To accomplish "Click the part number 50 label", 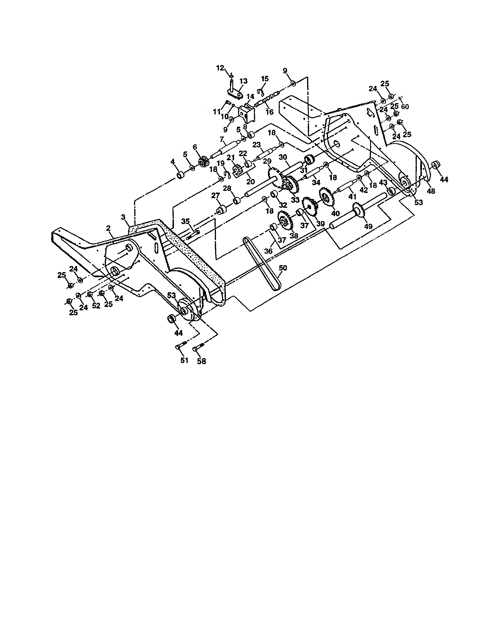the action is click(x=283, y=268).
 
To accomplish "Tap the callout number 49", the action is click(x=368, y=226).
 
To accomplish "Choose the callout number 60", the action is click(x=405, y=107).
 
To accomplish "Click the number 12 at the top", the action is click(x=220, y=68).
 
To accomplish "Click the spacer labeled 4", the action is click(x=180, y=175).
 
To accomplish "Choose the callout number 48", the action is click(x=431, y=191).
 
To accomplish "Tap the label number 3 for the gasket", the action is click(x=123, y=217).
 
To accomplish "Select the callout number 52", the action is click(x=96, y=305).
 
